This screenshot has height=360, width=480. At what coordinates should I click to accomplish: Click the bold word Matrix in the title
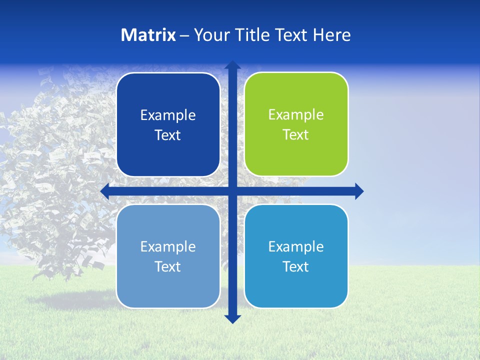148,35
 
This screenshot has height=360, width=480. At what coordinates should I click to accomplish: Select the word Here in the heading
331,35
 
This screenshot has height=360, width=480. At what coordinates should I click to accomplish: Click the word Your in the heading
209,35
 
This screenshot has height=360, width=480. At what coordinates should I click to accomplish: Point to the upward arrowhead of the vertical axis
232,65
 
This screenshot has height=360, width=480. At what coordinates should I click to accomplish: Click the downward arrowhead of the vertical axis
232,318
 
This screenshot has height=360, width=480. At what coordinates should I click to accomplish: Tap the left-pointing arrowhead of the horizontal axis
105,191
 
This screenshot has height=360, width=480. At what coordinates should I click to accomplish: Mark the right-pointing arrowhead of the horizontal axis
359,191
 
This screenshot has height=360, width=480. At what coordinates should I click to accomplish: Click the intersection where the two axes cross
232,191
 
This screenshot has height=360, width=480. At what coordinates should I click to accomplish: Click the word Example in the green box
296,115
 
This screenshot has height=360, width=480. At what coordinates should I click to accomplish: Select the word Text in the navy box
168,135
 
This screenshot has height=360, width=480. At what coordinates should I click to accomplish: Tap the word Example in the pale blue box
168,246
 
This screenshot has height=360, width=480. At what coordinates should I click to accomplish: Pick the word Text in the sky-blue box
296,266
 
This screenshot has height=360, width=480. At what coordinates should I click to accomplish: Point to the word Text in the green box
296,135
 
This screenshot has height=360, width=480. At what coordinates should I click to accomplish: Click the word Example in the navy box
168,115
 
